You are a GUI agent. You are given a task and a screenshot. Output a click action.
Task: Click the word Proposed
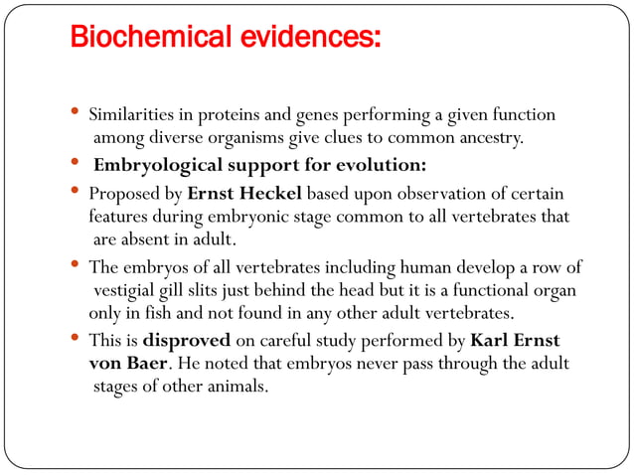click(121, 191)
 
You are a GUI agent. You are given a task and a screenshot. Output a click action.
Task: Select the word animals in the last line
click(236, 387)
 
